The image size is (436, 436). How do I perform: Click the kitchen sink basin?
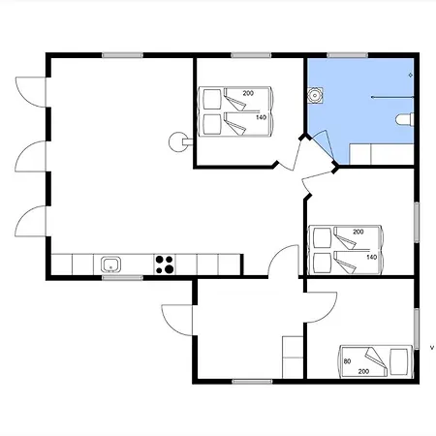[x=110, y=265]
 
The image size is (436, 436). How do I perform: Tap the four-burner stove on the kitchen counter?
[x=165, y=265]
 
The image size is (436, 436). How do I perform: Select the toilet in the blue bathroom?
[x=405, y=119]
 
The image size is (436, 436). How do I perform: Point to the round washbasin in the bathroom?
[x=315, y=95]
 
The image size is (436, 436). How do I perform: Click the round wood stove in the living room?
[x=178, y=141]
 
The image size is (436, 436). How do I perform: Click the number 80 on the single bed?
[x=347, y=361]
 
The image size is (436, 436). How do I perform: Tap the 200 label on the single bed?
[x=363, y=371]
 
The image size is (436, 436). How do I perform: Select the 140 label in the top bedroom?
[x=261, y=117]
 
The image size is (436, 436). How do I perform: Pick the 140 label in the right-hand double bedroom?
[x=372, y=257]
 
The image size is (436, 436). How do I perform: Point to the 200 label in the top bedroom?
[x=248, y=93]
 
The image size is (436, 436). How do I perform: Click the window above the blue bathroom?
[x=347, y=55]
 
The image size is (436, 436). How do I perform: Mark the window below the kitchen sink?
[x=122, y=277]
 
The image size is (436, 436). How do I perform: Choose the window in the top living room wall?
[x=122, y=55]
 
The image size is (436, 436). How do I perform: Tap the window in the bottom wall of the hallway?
[x=252, y=382]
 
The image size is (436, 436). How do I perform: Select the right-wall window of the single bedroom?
[x=417, y=328]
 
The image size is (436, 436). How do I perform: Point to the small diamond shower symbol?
[x=411, y=75]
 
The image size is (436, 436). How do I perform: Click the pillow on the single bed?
[x=398, y=361]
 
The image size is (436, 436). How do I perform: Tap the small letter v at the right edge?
[x=432, y=348]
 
